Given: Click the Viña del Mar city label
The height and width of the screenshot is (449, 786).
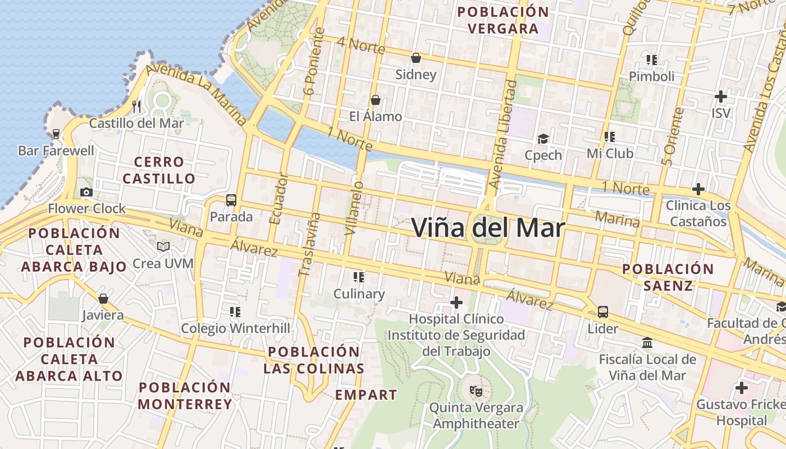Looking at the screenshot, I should tap(488, 228).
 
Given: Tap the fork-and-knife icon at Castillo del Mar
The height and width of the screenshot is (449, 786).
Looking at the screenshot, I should tap(136, 106).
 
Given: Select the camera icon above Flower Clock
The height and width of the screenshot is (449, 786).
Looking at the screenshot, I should tap(86, 193).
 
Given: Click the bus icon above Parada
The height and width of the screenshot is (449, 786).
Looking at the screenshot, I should tap(231, 200).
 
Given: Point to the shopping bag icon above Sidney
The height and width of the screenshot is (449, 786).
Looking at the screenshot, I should tap(416, 58).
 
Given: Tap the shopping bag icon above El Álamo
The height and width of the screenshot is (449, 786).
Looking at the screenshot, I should tap(376, 100).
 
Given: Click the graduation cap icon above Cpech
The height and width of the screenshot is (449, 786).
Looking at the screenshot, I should tap(543, 139).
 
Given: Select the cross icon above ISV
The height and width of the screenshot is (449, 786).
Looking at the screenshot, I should tap(721, 97).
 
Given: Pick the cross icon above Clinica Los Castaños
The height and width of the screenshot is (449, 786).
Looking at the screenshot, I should tap(698, 189).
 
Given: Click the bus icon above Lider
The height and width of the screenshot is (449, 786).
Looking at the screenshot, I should tap(603, 312).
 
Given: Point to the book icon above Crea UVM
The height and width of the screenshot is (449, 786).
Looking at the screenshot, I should tap(163, 247).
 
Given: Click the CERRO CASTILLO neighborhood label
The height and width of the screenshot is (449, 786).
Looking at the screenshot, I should tap(159, 170).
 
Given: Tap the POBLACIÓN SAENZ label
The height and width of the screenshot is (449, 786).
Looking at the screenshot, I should tap(668, 277).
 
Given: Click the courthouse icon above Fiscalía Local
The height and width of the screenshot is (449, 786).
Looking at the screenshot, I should tap(647, 342).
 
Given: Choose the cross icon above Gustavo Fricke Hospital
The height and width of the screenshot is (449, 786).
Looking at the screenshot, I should tap(742, 388).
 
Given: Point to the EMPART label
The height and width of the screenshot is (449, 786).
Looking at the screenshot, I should tap(366, 395).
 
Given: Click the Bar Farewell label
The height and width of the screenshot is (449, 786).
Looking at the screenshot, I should tap(56, 150).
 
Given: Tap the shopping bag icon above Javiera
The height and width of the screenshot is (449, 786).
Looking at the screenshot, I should tap(103, 299).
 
